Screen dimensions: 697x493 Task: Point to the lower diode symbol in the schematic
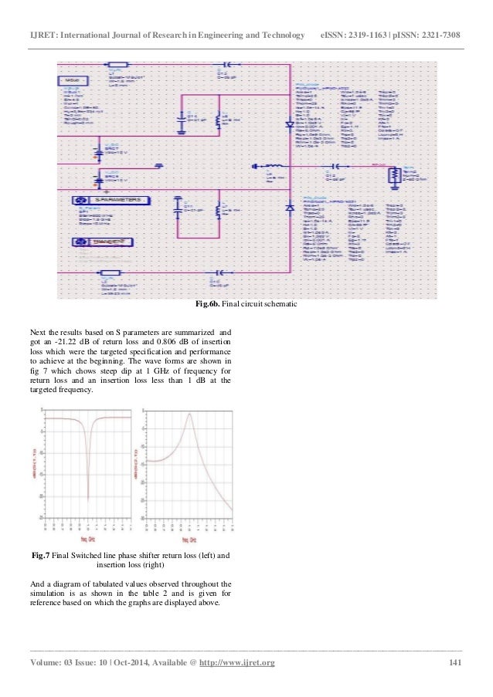pos(290,208)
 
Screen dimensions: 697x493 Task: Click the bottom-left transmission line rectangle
pos(108,272)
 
